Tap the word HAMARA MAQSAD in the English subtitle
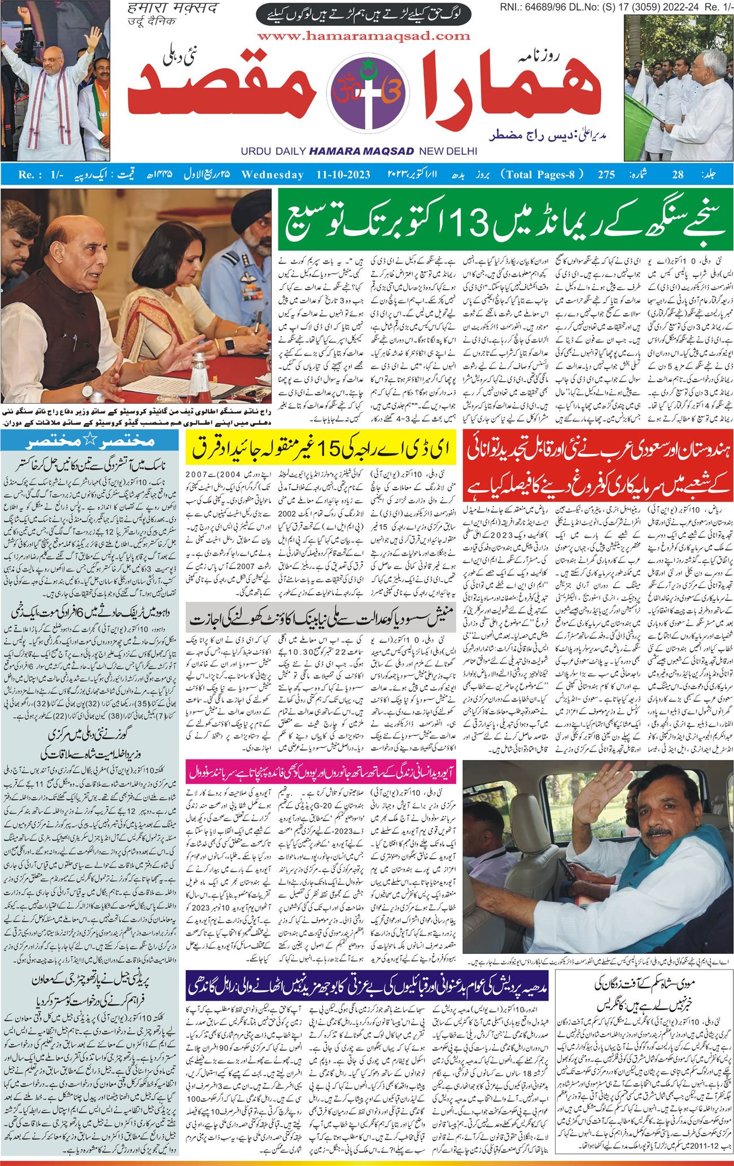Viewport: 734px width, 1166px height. pos(361,151)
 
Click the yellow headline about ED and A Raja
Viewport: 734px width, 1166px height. pos(320,449)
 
